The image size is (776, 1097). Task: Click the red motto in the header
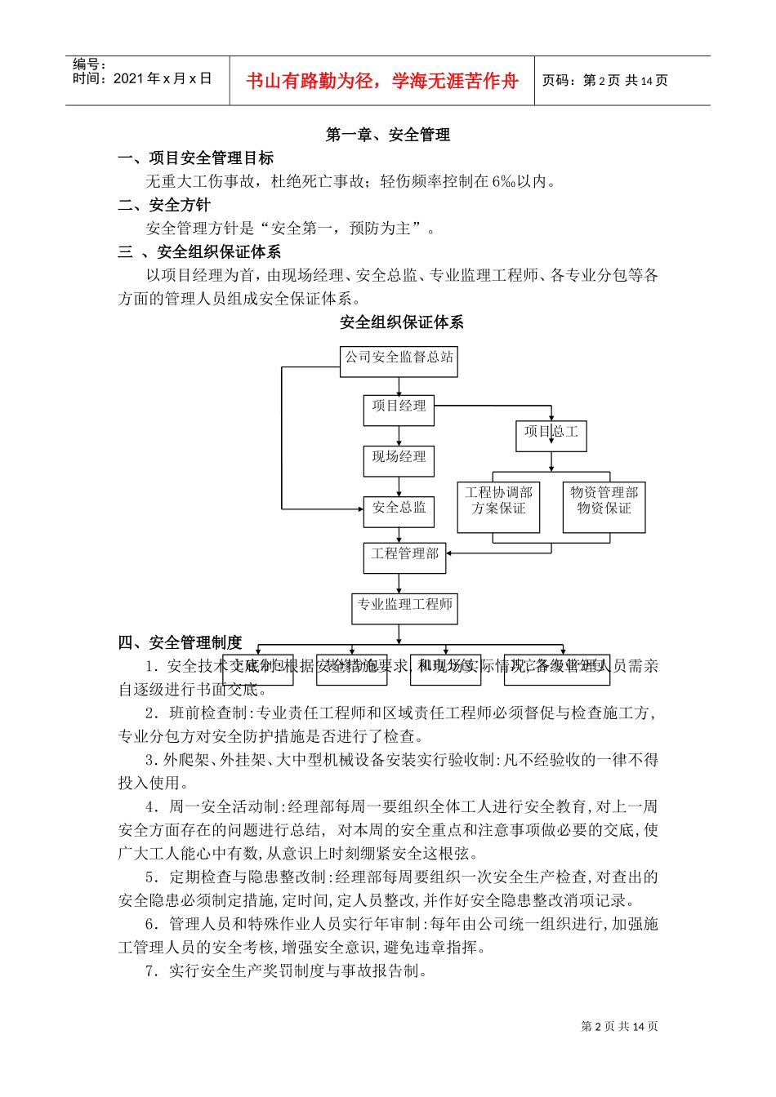[x=381, y=81]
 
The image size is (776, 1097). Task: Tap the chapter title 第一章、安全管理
[x=388, y=135]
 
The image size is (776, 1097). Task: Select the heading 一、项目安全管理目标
[x=196, y=158]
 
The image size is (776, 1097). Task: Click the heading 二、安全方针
[x=164, y=205]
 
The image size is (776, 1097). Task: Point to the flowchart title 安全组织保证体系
[x=402, y=322]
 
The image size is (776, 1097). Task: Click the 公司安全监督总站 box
[x=399, y=361]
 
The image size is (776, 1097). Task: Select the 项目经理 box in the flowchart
[x=399, y=410]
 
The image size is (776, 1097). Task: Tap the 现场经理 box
[x=399, y=460]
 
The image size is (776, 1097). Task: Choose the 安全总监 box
[x=399, y=511]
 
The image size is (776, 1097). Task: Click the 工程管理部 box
[x=404, y=557]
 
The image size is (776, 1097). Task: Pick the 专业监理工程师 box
[x=404, y=608]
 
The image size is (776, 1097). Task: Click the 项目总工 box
[x=551, y=435]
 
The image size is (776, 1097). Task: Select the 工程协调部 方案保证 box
[x=498, y=506]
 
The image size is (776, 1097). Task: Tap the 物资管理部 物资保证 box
[x=604, y=506]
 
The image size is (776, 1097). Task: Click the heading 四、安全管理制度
[x=181, y=643]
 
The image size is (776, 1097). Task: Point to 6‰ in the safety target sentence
[x=503, y=182]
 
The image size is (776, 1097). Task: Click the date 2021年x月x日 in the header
[x=163, y=79]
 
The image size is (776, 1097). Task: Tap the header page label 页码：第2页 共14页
[x=605, y=81]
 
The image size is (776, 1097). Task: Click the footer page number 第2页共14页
[x=619, y=1027]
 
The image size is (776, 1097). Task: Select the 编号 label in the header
[x=88, y=64]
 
